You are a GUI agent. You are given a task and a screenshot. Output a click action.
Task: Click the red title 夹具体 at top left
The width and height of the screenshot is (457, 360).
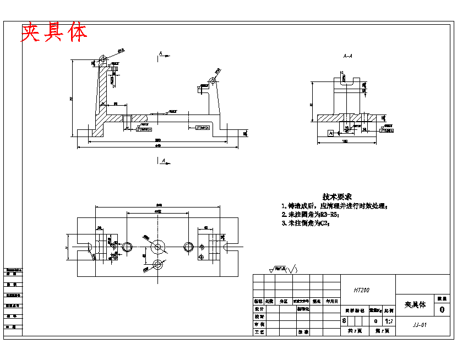point(54,33)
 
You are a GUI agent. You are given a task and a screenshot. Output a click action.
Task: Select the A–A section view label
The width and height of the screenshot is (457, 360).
point(347,56)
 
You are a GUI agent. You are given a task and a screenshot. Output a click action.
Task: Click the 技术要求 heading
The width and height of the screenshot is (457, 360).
point(337,197)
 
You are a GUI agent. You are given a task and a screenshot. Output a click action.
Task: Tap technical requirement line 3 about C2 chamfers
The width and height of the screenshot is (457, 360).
point(305,223)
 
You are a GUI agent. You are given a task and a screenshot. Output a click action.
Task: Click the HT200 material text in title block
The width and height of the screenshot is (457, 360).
point(362,290)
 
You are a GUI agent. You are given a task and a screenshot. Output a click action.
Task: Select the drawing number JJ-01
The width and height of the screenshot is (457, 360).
point(420,325)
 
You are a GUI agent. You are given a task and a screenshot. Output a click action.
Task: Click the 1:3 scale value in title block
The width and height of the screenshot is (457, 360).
point(388,321)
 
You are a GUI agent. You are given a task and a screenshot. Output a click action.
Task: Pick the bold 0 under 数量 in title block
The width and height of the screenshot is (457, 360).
point(442,310)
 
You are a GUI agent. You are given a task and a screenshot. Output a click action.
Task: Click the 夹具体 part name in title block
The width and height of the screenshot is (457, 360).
point(415,304)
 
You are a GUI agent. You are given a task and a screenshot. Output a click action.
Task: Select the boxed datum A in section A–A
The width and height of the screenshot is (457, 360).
point(330,133)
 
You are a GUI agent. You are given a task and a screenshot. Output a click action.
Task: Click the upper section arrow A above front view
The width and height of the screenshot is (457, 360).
point(162,54)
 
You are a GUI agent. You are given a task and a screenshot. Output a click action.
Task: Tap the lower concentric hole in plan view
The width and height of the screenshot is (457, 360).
point(159,264)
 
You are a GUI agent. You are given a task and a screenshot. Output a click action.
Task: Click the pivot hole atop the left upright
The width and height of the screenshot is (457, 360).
point(104,58)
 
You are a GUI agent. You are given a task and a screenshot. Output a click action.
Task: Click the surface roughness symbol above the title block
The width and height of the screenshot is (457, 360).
point(283,269)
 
